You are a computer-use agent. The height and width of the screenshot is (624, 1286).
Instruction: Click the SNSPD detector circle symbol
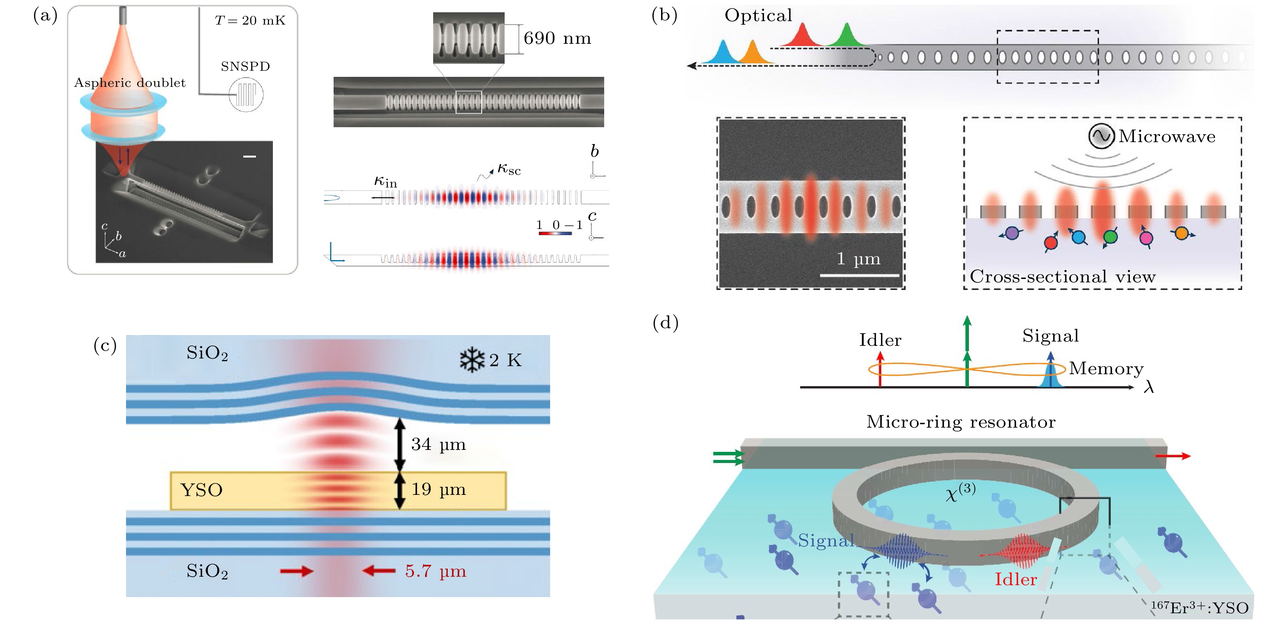(246, 95)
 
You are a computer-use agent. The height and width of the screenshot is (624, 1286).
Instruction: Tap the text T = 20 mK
(249, 20)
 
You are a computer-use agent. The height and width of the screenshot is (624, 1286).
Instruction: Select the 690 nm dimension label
(557, 38)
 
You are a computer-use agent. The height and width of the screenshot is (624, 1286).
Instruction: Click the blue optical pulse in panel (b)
(723, 52)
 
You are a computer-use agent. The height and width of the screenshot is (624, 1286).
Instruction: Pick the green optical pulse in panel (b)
(847, 35)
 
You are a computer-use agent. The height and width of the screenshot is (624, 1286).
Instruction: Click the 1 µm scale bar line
(859, 275)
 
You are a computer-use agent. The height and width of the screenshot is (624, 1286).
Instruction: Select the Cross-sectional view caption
(1062, 277)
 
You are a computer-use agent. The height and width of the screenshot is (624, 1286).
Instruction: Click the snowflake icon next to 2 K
(472, 360)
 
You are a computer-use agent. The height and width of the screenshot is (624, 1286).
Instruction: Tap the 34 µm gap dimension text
(438, 444)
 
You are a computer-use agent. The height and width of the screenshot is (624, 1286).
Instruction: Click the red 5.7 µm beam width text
(435, 571)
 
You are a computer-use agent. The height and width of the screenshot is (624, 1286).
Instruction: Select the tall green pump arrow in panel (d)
(967, 349)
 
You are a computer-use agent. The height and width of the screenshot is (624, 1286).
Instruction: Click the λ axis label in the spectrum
(1149, 387)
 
